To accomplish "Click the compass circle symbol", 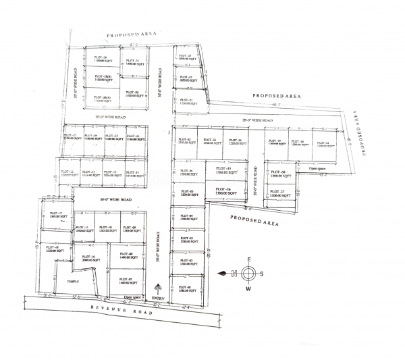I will [248, 273].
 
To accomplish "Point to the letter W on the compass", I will [248, 288].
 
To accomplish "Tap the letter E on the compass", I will [248, 259].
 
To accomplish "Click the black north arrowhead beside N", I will [222, 273].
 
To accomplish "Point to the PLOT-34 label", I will [234, 140].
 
